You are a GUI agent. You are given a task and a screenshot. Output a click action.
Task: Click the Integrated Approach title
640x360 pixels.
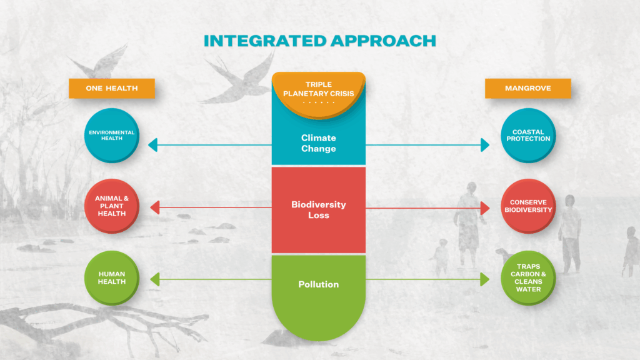[319, 41]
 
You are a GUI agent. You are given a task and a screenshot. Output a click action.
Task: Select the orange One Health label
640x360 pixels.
[111, 88]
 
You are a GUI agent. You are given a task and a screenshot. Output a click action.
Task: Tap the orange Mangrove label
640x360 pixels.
[527, 88]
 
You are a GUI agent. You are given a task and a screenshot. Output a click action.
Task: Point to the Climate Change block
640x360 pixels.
[318, 143]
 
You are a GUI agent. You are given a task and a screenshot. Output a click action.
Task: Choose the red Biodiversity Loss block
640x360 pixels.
[318, 210]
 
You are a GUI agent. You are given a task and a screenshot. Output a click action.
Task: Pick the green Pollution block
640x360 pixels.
[318, 294]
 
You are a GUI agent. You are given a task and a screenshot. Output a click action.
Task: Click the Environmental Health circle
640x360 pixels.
[111, 135]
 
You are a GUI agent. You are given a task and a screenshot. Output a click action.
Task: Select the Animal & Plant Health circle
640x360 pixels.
[111, 206]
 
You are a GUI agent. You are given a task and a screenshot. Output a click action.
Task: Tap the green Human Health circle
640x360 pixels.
[111, 277]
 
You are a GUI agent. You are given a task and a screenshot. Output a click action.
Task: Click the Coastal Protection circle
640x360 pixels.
[528, 135]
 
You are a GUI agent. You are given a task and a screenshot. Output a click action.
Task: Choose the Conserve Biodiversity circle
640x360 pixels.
[528, 206]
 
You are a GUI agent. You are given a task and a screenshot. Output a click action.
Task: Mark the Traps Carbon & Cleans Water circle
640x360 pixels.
[528, 277]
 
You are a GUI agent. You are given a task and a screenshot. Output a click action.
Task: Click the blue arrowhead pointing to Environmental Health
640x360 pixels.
[152, 146]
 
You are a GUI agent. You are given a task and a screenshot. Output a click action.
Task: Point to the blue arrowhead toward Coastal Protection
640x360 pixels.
[485, 146]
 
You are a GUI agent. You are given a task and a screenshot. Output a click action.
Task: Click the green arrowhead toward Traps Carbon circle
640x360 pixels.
[485, 279]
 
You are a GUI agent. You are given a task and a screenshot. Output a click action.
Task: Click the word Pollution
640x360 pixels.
[318, 284]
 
